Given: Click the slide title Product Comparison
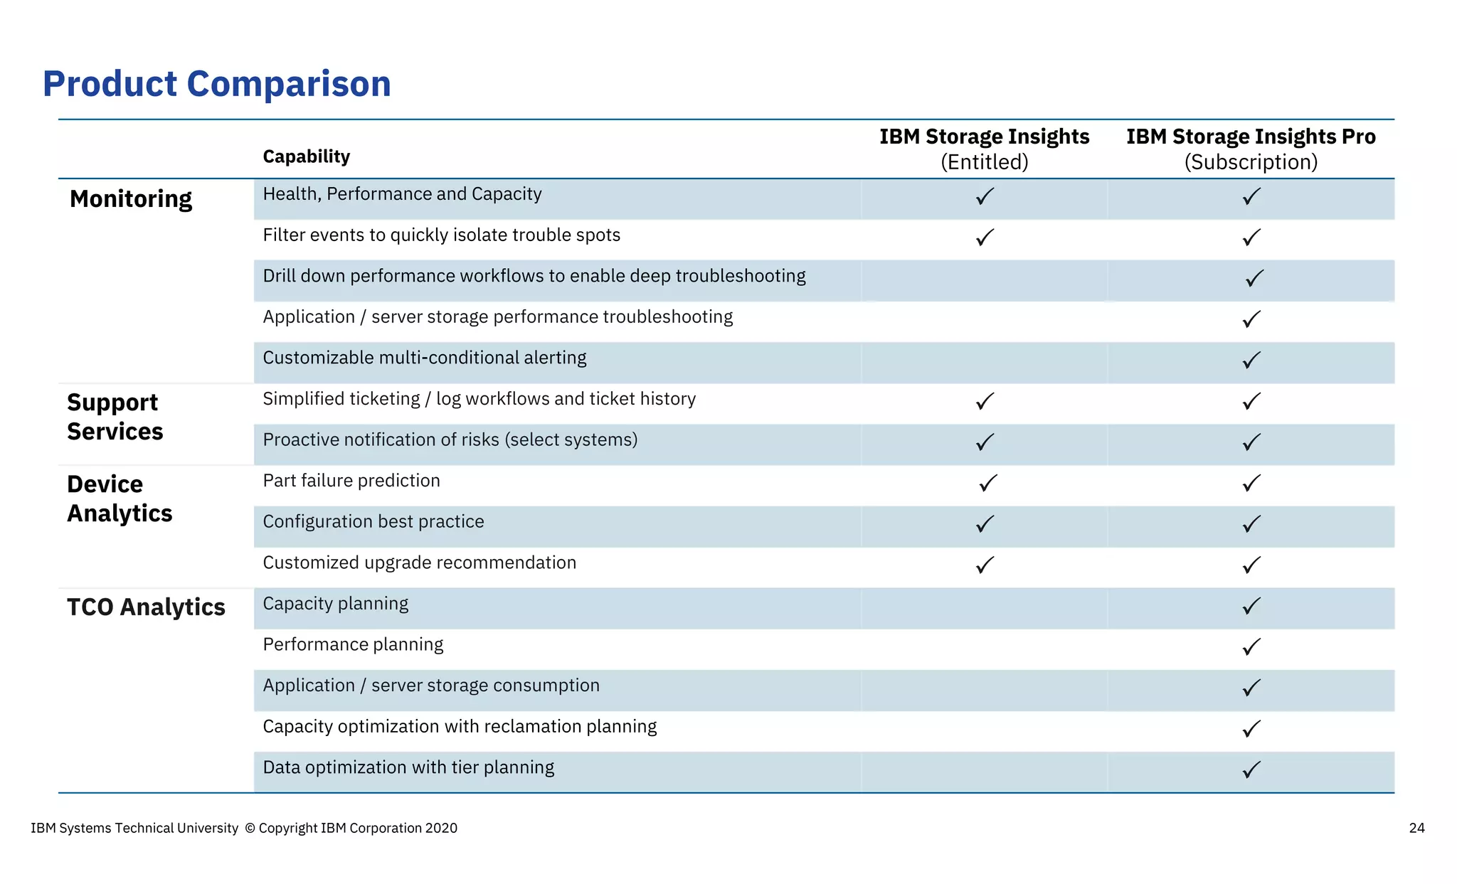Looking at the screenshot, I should [217, 84].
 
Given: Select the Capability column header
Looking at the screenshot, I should [306, 156].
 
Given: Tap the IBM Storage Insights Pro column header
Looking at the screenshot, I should [1250, 137].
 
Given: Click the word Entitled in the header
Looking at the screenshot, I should [984, 162].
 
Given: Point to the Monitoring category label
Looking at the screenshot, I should [131, 199].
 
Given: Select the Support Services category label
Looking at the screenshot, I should [115, 417].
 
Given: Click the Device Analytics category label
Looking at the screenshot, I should [119, 499].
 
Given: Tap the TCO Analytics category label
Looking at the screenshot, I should [146, 607].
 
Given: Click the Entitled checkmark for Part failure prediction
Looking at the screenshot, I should [987, 484].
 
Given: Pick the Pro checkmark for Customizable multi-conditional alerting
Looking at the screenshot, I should [1251, 361].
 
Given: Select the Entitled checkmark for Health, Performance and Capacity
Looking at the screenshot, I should [985, 196].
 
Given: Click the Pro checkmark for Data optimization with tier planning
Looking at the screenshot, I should [1251, 769].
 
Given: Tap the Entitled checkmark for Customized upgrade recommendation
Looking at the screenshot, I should [985, 565].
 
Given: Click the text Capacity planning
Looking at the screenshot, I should [335, 604].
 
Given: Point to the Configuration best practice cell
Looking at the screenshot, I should [373, 522].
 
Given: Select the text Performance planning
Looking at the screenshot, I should [353, 644].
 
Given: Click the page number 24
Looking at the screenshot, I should [1416, 828].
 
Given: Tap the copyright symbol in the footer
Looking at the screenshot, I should [250, 828].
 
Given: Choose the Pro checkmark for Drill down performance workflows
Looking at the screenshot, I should [1254, 278].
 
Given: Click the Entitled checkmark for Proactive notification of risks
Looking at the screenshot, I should [985, 442].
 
